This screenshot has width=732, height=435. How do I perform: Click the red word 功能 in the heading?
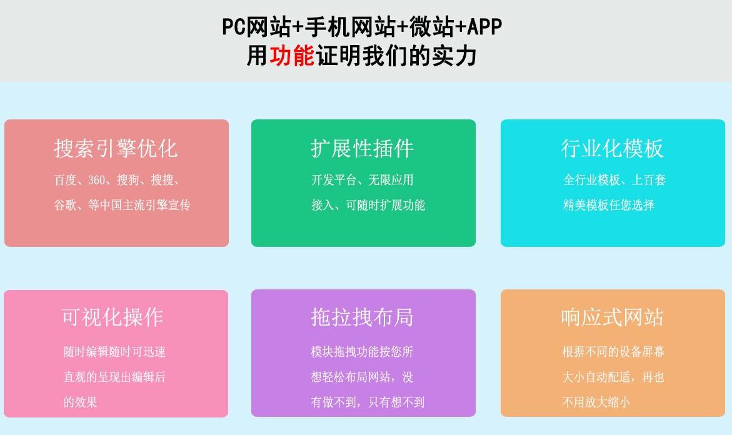(x=292, y=56)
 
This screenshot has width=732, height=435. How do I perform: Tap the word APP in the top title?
(x=484, y=27)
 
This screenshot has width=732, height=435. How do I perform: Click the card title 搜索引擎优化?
(x=116, y=148)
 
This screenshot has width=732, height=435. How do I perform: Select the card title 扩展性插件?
(x=363, y=148)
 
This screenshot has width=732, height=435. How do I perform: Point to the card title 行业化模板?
(x=612, y=148)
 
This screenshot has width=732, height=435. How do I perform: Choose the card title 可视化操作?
(x=113, y=317)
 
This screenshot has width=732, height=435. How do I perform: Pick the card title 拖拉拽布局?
(x=363, y=317)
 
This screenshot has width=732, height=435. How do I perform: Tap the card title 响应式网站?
(x=612, y=317)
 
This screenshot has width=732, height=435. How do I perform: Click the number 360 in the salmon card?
(x=97, y=180)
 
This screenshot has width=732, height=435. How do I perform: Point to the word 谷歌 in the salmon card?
(x=65, y=205)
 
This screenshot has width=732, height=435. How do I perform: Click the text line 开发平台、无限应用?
(x=363, y=180)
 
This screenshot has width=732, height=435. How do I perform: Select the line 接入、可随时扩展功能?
(x=368, y=205)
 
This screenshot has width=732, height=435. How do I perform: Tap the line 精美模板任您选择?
(x=609, y=205)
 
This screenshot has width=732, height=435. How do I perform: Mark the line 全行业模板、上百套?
(x=614, y=180)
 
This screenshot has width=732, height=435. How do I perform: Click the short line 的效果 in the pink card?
(x=80, y=402)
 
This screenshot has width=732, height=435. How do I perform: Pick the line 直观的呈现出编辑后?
(x=114, y=377)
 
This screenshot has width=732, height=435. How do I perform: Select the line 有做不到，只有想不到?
(x=368, y=402)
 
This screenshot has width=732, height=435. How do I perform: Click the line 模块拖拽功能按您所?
(x=363, y=351)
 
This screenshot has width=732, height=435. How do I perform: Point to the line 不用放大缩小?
(x=596, y=402)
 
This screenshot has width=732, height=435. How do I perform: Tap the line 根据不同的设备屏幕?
(x=613, y=351)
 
